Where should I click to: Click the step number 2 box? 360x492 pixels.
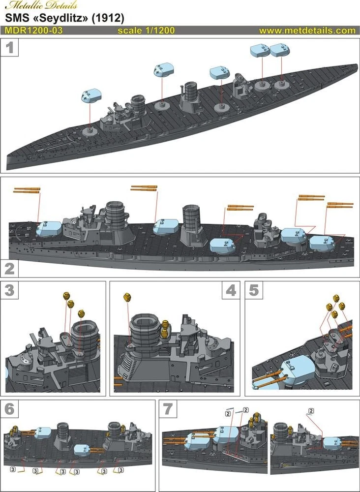click(x=10, y=269)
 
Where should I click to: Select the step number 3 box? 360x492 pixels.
click(x=10, y=290)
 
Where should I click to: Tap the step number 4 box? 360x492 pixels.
click(x=230, y=291)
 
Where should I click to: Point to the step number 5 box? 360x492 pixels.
click(x=254, y=291)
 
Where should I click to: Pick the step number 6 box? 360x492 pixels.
click(x=10, y=409)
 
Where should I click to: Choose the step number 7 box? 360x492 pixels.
click(x=169, y=409)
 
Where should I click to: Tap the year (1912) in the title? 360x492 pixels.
click(x=108, y=18)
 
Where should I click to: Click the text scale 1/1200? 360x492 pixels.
click(x=146, y=31)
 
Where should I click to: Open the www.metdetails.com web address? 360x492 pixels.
click(x=307, y=31)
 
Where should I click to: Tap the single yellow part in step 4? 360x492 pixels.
click(x=126, y=297)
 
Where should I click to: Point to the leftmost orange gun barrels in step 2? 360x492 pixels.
click(x=26, y=190)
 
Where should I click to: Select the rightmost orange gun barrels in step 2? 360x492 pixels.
click(x=340, y=204)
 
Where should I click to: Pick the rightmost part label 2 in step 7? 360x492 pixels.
click(x=311, y=410)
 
